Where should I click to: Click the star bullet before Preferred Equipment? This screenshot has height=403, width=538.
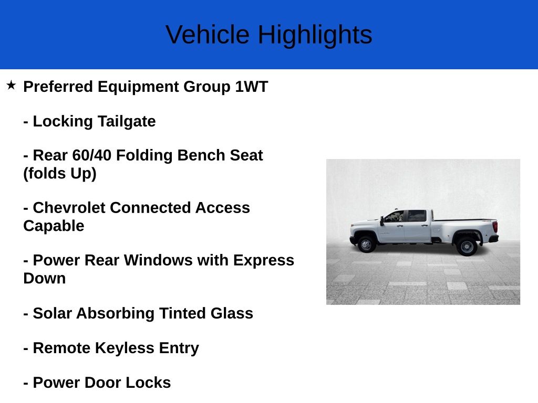(x=11, y=85)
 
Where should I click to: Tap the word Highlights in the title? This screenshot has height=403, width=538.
(x=315, y=35)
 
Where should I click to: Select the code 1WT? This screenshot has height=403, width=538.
(x=251, y=87)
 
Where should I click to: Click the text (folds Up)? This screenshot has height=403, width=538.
(x=60, y=174)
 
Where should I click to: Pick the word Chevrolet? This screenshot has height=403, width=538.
(x=69, y=208)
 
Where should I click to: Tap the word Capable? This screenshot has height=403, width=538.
(x=54, y=226)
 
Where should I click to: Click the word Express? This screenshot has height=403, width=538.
(x=264, y=260)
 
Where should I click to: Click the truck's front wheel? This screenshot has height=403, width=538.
(x=366, y=244)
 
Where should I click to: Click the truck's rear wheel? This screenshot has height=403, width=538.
(x=466, y=246)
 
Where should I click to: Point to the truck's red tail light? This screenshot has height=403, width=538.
(x=494, y=227)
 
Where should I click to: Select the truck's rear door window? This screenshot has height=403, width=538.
(x=417, y=216)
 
